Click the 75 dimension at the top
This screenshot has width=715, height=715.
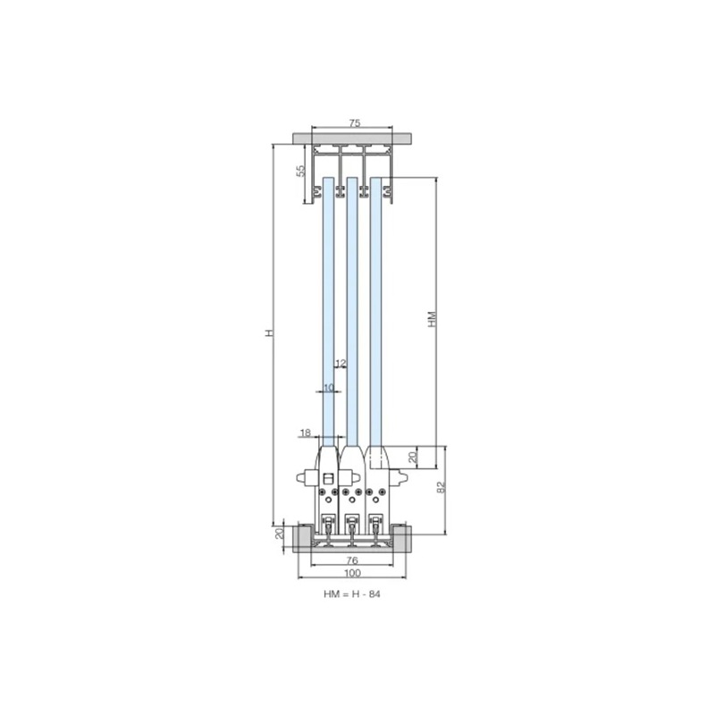pos(354,122)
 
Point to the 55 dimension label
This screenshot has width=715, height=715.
pos(300,171)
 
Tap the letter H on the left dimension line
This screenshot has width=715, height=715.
pos(270,332)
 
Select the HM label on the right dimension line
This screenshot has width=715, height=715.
pos(433,319)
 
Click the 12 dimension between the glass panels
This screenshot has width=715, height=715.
pos(341,363)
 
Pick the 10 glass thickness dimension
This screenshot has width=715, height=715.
pos(328,387)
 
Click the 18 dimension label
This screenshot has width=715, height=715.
pos(306,432)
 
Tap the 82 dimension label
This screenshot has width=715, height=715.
pos(441,487)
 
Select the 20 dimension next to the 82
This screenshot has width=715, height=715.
pos(413,457)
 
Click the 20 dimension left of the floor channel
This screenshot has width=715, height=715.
pos(280,533)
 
